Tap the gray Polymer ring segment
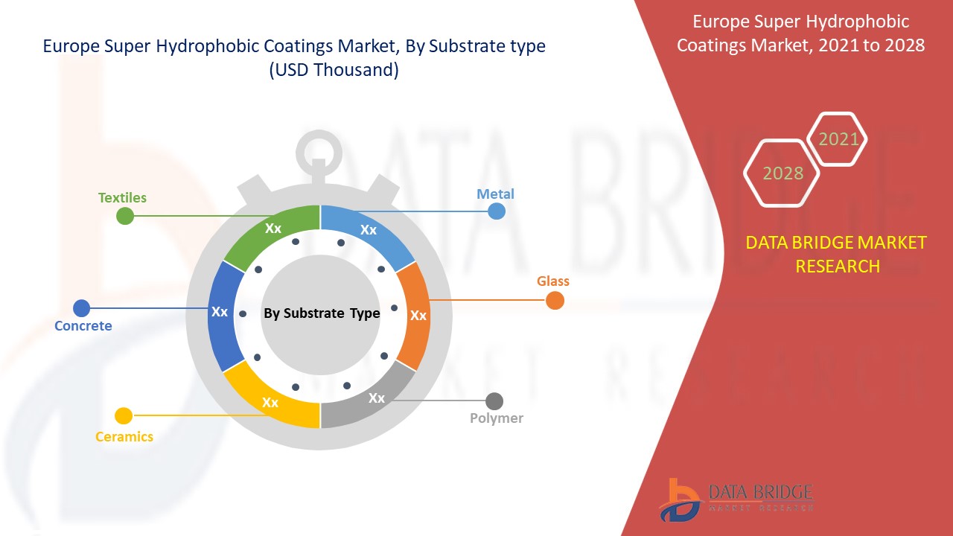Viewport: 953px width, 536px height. click(x=372, y=399)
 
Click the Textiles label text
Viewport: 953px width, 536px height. click(x=123, y=198)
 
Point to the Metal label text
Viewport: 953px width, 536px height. click(x=495, y=194)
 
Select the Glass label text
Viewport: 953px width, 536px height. click(x=553, y=281)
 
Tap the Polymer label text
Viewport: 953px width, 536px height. click(x=497, y=418)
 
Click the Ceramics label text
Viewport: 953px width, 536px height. click(x=124, y=437)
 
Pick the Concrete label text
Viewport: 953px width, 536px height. click(x=83, y=326)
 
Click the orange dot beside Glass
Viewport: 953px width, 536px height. click(x=555, y=301)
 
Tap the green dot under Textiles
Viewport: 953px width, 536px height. click(x=125, y=217)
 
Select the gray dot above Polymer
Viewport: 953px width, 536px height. click(x=494, y=401)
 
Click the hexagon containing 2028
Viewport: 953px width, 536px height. click(x=782, y=173)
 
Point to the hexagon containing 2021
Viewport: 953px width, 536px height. click(x=838, y=139)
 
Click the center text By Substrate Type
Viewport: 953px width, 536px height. click(x=322, y=313)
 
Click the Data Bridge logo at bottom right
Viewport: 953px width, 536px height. click(x=736, y=498)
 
